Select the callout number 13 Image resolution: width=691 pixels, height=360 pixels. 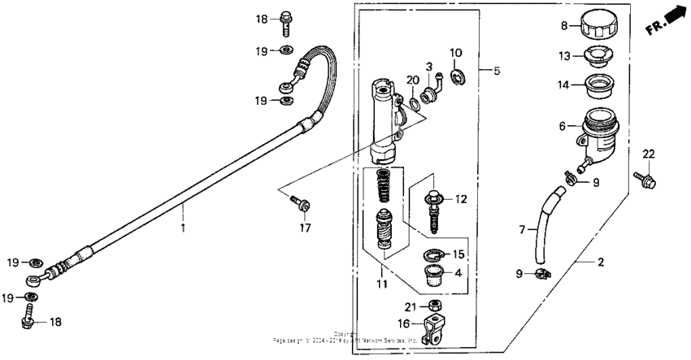tap(563, 56)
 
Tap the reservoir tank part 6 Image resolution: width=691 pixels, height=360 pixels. tap(600, 130)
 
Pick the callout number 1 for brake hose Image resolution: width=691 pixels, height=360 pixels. tap(183, 229)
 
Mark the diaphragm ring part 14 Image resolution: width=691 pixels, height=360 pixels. tap(600, 84)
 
